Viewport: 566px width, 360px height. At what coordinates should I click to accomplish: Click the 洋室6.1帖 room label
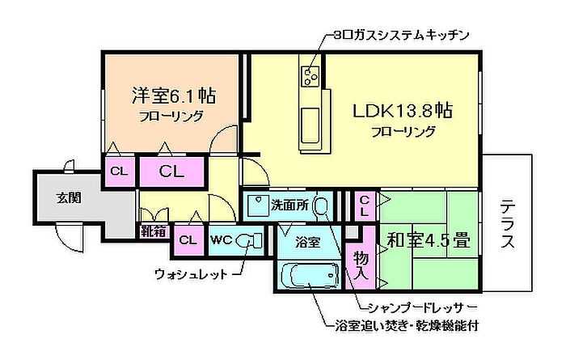[x=173, y=95]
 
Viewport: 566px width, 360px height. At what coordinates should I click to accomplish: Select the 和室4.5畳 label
[x=429, y=240]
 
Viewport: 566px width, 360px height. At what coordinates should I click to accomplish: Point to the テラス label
[x=508, y=223]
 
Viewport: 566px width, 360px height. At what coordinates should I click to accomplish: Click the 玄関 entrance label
[x=68, y=198]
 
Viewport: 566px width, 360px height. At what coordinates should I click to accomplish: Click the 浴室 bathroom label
[x=306, y=240]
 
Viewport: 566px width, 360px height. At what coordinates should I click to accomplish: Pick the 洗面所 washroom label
[x=289, y=205]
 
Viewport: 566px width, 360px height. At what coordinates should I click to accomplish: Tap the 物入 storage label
[x=361, y=265]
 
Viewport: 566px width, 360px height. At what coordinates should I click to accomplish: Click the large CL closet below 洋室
[x=172, y=172]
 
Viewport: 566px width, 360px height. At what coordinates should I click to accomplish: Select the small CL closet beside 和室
[x=365, y=205]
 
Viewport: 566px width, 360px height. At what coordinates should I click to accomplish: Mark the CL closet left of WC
[x=188, y=240]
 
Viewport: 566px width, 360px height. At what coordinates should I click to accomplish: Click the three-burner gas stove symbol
[x=310, y=76]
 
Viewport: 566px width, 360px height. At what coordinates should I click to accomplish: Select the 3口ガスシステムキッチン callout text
[x=401, y=36]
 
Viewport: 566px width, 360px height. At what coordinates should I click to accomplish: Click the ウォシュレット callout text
[x=191, y=273]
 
